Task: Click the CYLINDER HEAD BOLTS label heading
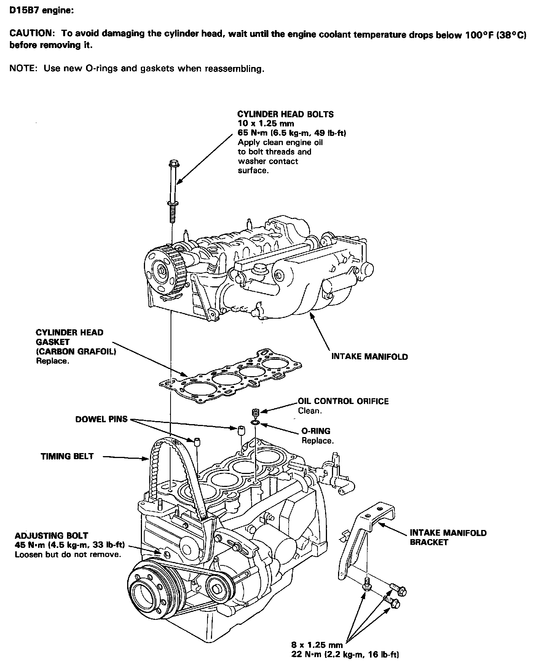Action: [x=285, y=114]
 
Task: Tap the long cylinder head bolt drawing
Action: [x=172, y=190]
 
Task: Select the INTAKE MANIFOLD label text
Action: [x=369, y=357]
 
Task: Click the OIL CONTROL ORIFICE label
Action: [x=343, y=401]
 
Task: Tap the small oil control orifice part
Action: [x=255, y=412]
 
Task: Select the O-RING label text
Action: [x=316, y=431]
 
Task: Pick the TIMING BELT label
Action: [x=67, y=456]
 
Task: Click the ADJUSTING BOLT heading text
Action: [x=51, y=535]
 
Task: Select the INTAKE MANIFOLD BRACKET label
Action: [x=448, y=537]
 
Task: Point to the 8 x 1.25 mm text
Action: [x=317, y=645]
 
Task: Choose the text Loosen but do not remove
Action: [x=68, y=554]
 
